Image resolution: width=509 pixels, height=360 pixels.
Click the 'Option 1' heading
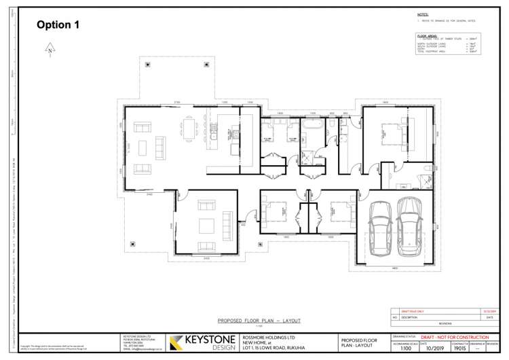coord(58,25)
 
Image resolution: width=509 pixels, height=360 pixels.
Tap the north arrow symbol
coord(50,50)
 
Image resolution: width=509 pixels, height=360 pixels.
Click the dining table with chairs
coord(188,130)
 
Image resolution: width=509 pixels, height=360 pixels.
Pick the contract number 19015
coord(460,348)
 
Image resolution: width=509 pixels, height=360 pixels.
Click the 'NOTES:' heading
coord(423,14)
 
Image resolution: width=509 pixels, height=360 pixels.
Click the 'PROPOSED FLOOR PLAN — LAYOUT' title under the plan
coord(259,321)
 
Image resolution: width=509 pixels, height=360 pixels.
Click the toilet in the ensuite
coord(422,166)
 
